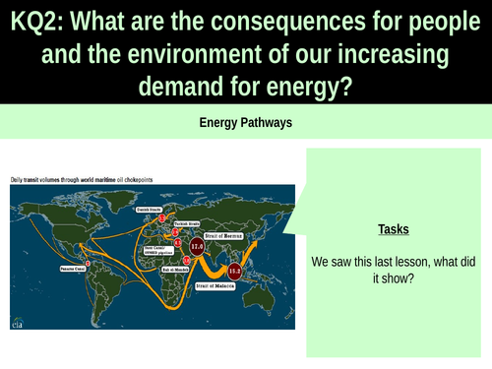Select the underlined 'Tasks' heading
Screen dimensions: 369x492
point(394,229)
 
